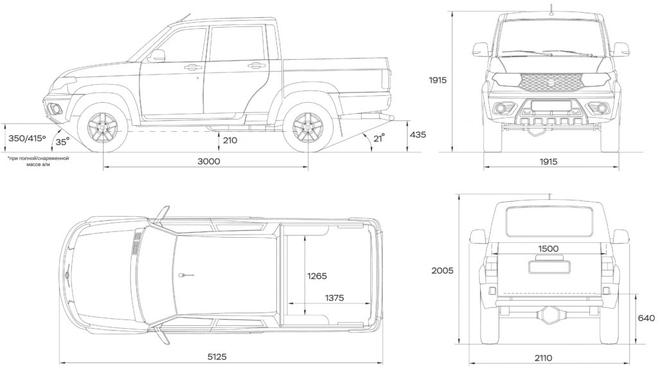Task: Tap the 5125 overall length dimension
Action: [x=216, y=357]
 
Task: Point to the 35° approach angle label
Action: [x=62, y=142]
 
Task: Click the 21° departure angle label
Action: [x=379, y=138]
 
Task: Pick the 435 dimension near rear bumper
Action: [x=418, y=134]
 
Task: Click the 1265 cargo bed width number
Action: [x=317, y=276]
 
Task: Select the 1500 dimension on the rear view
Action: [x=548, y=249]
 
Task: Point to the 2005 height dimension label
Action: [x=442, y=271]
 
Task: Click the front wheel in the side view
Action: [x=103, y=129]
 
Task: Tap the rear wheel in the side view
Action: [x=307, y=129]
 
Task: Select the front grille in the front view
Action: [x=551, y=82]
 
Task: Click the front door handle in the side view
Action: [x=192, y=67]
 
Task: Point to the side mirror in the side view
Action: [x=156, y=56]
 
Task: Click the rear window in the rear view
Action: [x=548, y=221]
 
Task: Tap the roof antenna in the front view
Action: [x=551, y=8]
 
